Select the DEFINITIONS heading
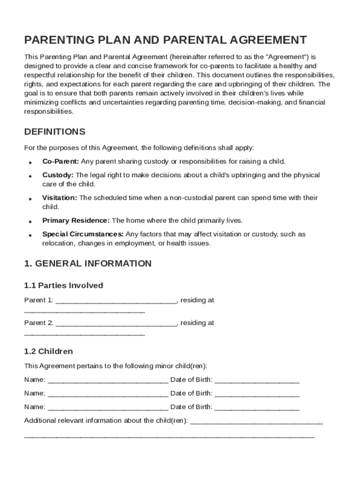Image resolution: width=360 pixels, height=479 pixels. pos(55,131)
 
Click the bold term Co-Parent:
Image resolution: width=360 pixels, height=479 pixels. pos(61,161)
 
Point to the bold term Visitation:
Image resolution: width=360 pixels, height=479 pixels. pos(60,198)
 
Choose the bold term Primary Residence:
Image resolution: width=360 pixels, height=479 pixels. pos(76,220)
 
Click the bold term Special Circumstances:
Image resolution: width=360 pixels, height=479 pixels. pos(83,234)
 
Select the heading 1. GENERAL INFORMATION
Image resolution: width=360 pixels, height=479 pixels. pos(88,263)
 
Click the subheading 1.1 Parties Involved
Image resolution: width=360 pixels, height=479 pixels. pos(64,285)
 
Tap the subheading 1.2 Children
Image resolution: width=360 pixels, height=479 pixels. pos(49,351)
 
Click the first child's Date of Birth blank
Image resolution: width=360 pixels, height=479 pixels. pos(257,381)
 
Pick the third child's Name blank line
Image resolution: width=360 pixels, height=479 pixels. pos(108,408)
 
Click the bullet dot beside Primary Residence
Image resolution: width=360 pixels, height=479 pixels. pos(30,221)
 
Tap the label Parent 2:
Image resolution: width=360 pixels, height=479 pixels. pos(38,323)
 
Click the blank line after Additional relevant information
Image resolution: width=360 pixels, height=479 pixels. pos(257,422)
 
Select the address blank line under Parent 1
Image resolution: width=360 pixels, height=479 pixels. pos(85,312)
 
